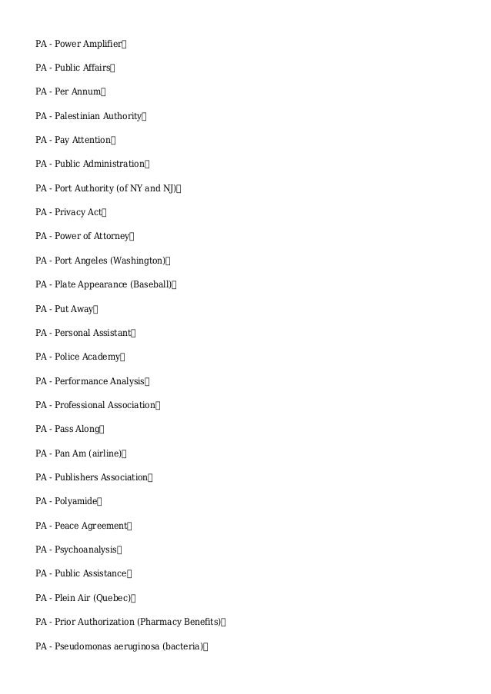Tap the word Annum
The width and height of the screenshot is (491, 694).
89,92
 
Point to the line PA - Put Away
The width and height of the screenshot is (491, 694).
65,309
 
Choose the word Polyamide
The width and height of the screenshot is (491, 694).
76,502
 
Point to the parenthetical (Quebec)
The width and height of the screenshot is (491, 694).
112,598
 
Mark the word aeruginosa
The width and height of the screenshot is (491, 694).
131,646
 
